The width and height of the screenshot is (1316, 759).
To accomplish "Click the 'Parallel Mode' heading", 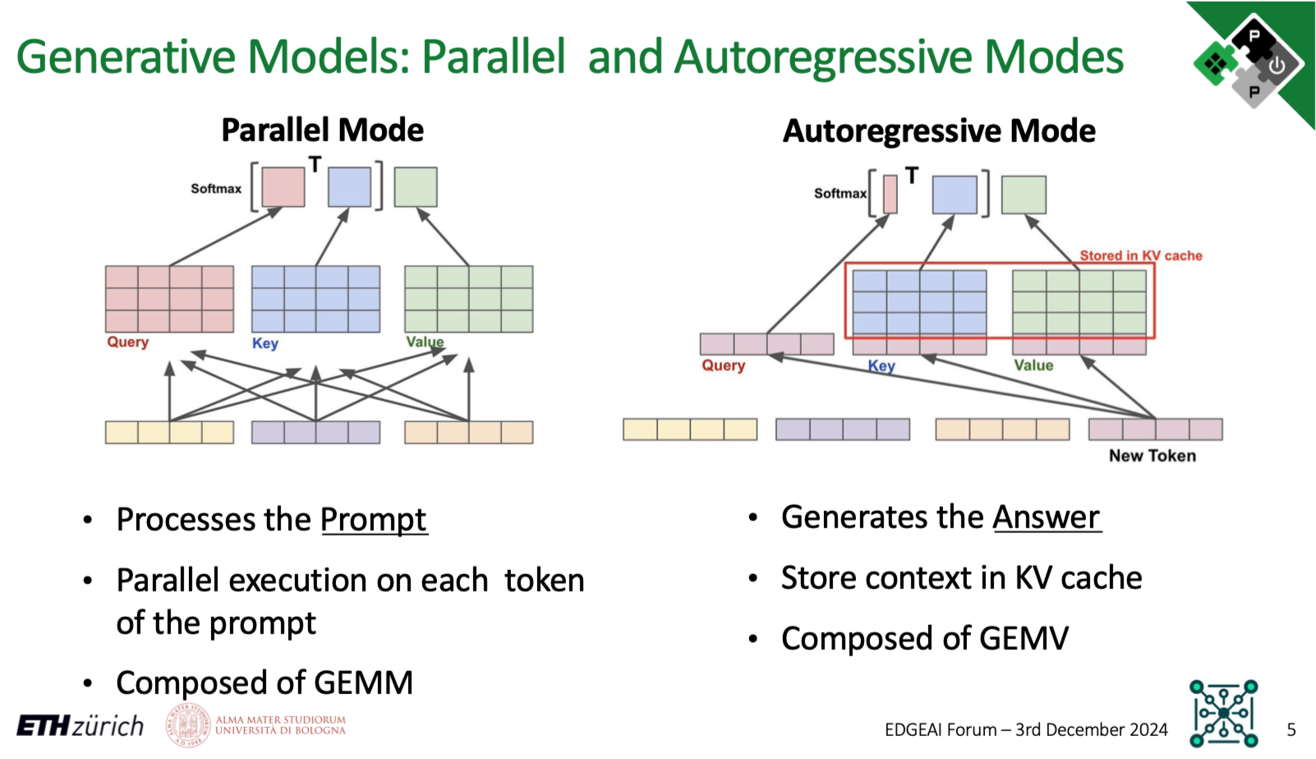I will pyautogui.click(x=322, y=130).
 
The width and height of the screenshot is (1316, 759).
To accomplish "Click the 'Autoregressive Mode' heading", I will pyautogui.click(x=939, y=131).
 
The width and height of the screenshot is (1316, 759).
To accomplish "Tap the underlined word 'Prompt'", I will pyautogui.click(x=374, y=519).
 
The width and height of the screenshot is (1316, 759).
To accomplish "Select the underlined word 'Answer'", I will pyautogui.click(x=1046, y=517).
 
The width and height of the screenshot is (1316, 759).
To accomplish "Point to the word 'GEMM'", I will pyautogui.click(x=363, y=683).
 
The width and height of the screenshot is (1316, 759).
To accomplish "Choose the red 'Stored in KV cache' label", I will pyautogui.click(x=1140, y=255).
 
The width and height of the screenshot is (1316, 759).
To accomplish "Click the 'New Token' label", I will pyautogui.click(x=1152, y=456).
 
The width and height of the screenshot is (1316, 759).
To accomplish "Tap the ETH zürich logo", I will pyautogui.click(x=81, y=726).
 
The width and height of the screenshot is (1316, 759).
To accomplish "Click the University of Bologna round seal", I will pyautogui.click(x=188, y=725).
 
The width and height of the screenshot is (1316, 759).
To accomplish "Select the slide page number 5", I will pyautogui.click(x=1291, y=729).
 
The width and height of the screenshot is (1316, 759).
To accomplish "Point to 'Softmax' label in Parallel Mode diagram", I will pyautogui.click(x=216, y=188).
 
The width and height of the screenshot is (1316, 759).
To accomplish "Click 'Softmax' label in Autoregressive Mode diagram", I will pyautogui.click(x=840, y=193).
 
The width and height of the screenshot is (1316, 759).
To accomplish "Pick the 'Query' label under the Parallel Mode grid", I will pyautogui.click(x=127, y=342).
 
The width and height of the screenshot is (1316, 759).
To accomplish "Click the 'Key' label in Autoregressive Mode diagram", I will pyautogui.click(x=881, y=366).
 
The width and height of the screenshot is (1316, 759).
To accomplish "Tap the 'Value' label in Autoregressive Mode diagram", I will pyautogui.click(x=1033, y=366).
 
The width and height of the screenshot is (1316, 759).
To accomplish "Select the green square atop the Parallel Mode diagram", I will pyautogui.click(x=415, y=187).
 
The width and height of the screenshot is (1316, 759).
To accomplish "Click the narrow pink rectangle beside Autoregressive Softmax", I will pyautogui.click(x=890, y=195).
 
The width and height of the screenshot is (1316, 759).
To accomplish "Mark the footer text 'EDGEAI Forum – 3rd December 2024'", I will pyautogui.click(x=1026, y=729).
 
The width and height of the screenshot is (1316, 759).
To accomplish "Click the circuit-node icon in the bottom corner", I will pyautogui.click(x=1223, y=712).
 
